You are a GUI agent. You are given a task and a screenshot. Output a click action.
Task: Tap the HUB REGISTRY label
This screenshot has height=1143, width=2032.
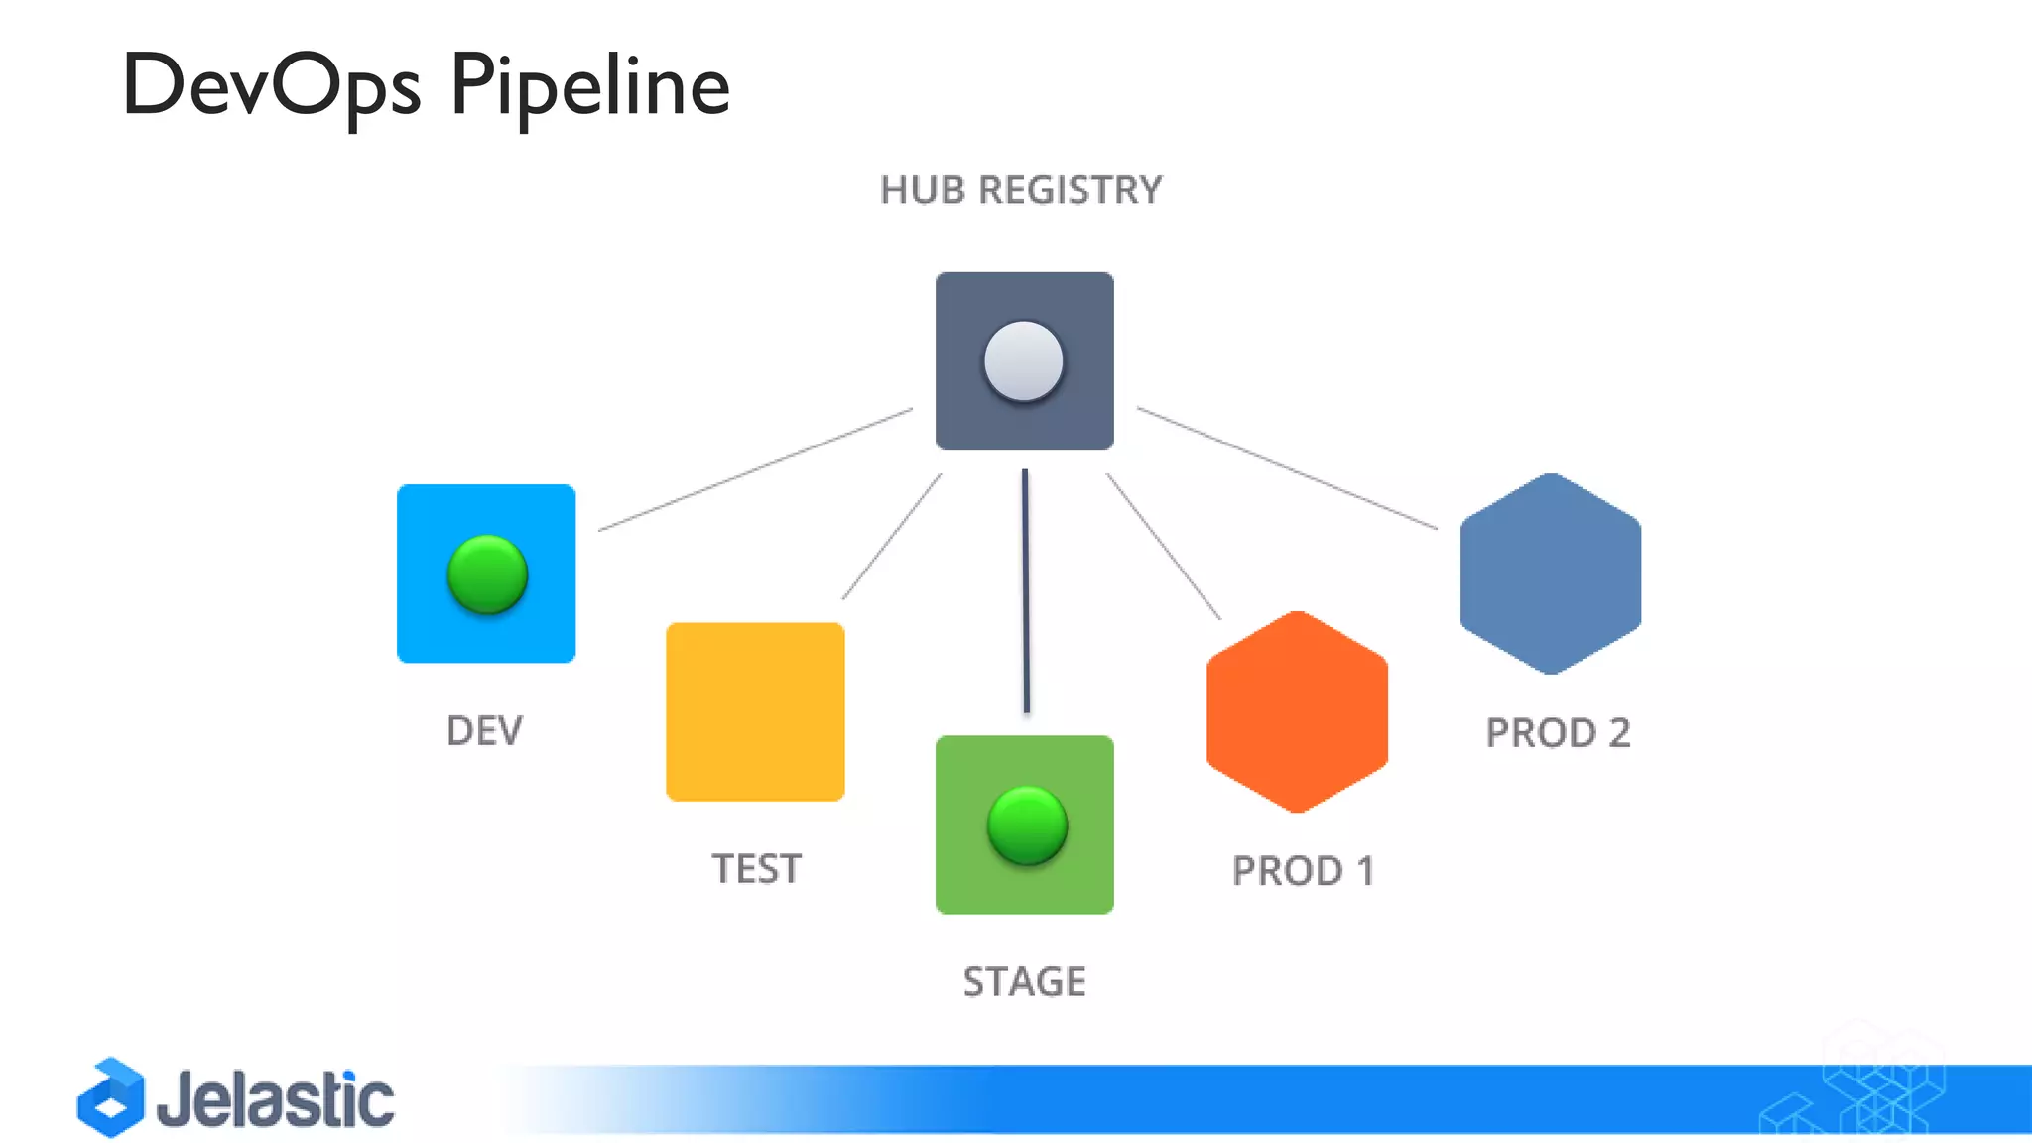click(1020, 190)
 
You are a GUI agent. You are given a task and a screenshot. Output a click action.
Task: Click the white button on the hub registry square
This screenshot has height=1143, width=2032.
click(1023, 361)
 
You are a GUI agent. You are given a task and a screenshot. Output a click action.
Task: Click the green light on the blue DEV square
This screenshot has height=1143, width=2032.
click(486, 574)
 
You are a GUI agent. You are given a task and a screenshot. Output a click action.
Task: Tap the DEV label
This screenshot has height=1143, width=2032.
click(484, 731)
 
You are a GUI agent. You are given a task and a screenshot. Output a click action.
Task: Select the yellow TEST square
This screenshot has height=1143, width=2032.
click(755, 711)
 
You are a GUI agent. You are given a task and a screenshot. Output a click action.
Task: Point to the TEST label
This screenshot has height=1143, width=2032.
click(756, 869)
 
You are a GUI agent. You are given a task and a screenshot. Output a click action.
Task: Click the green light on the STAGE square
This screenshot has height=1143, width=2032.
click(1027, 825)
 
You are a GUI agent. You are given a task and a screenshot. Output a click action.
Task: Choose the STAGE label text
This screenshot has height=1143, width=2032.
click(1024, 982)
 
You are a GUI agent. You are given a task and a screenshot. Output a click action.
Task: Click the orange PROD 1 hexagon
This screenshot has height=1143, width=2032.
click(1297, 711)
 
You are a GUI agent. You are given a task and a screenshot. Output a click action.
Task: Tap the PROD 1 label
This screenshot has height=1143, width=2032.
click(1303, 871)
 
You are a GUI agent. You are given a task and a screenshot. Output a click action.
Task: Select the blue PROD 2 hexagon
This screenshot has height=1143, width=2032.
click(1550, 573)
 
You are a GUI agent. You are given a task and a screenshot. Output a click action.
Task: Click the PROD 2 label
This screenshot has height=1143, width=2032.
click(1558, 733)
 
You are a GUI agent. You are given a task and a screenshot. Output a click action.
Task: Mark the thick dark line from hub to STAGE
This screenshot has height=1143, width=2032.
click(1026, 590)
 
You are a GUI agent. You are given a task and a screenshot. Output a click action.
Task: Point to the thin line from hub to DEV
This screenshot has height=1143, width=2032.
click(755, 469)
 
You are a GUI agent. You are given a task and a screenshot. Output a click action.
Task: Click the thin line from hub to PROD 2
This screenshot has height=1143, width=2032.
click(1287, 467)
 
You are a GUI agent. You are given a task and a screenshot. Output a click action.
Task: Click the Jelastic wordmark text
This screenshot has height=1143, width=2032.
click(275, 1100)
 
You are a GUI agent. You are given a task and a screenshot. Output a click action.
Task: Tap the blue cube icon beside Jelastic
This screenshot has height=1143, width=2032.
click(111, 1097)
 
